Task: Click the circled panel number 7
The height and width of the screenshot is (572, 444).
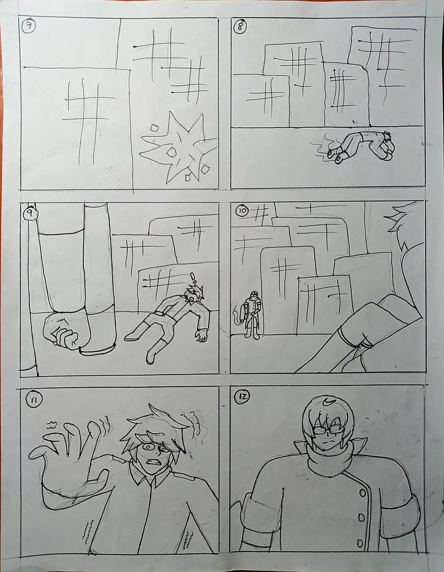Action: (x=29, y=27)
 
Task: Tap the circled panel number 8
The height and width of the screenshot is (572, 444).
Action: (x=241, y=27)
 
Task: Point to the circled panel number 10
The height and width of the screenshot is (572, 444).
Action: (x=242, y=211)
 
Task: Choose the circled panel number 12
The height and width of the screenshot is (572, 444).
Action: (x=242, y=397)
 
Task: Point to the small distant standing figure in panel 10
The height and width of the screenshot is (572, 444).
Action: (x=252, y=314)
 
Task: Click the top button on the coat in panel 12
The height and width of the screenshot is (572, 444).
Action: (x=363, y=493)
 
